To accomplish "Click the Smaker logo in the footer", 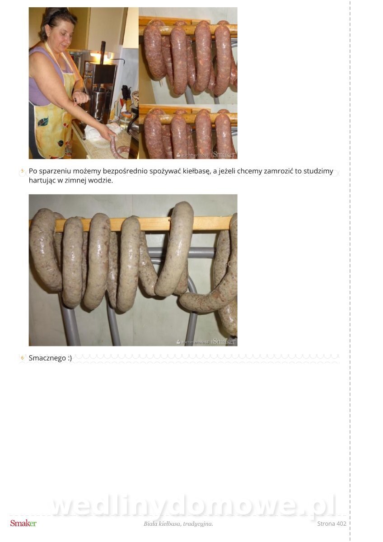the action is click(23, 523).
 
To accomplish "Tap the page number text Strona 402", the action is click(332, 523).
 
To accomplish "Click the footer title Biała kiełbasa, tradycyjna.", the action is click(178, 524).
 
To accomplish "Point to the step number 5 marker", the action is click(23, 171).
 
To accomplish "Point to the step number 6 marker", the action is click(23, 358).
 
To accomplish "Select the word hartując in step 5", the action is click(42, 181).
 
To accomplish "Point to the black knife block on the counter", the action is click(126, 93).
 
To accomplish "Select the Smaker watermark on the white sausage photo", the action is click(224, 341).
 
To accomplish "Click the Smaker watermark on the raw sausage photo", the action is click(224, 154).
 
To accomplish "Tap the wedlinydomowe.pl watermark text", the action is click(194, 505).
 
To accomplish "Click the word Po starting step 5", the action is click(33, 171).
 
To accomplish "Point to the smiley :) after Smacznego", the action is click(70, 358).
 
